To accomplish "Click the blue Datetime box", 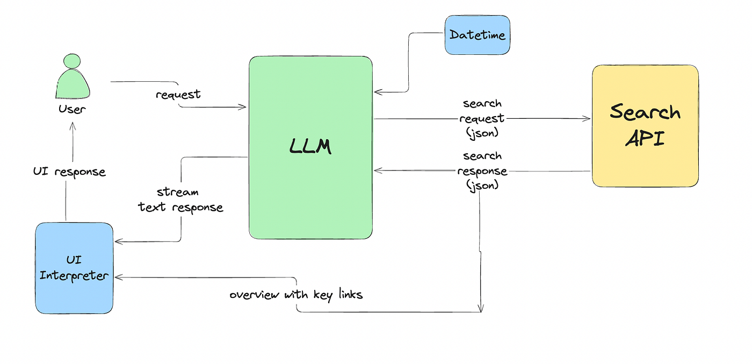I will click(x=477, y=35).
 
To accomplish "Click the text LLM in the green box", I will click(x=310, y=146).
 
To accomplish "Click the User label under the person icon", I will click(x=72, y=109).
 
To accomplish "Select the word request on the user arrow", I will click(x=178, y=95).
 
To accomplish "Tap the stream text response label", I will click(x=180, y=199).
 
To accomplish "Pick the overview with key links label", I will click(x=296, y=295).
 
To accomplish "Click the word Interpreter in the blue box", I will click(x=74, y=276).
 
